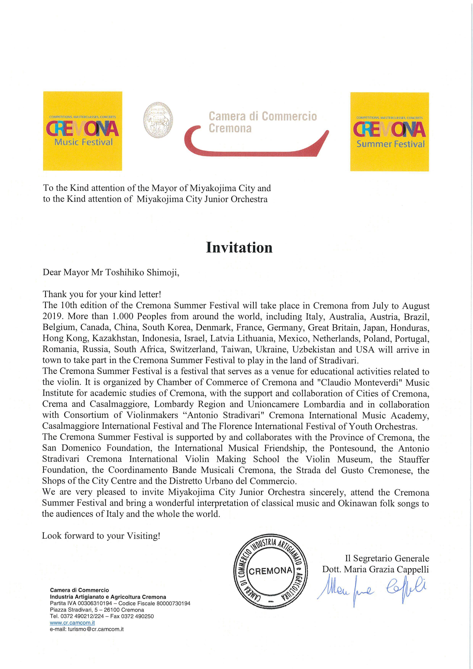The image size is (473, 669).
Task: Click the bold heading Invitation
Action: (x=239, y=247)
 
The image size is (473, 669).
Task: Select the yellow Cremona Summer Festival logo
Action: (x=389, y=132)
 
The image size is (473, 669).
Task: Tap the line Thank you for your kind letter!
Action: (x=102, y=294)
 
